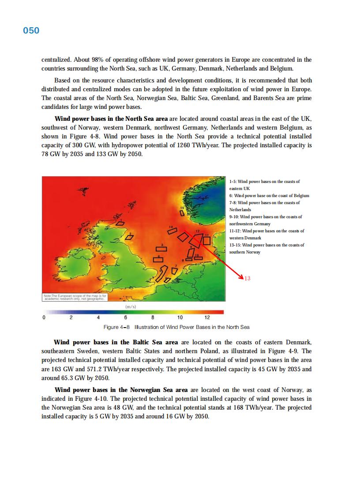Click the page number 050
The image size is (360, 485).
point(31,30)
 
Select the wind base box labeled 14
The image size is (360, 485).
point(172,231)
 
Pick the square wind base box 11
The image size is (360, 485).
point(206,240)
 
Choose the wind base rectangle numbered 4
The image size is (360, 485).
point(158,259)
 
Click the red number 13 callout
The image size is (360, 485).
point(247,278)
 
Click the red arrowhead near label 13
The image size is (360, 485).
point(241,277)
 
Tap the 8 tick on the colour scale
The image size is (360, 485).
point(153,317)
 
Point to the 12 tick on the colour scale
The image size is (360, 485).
point(207,317)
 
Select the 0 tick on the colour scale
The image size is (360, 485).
point(44,317)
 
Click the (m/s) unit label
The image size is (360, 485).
point(131,306)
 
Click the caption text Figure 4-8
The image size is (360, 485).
point(117,327)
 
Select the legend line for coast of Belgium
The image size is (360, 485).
point(269,195)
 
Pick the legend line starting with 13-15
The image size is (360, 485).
point(266,245)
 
